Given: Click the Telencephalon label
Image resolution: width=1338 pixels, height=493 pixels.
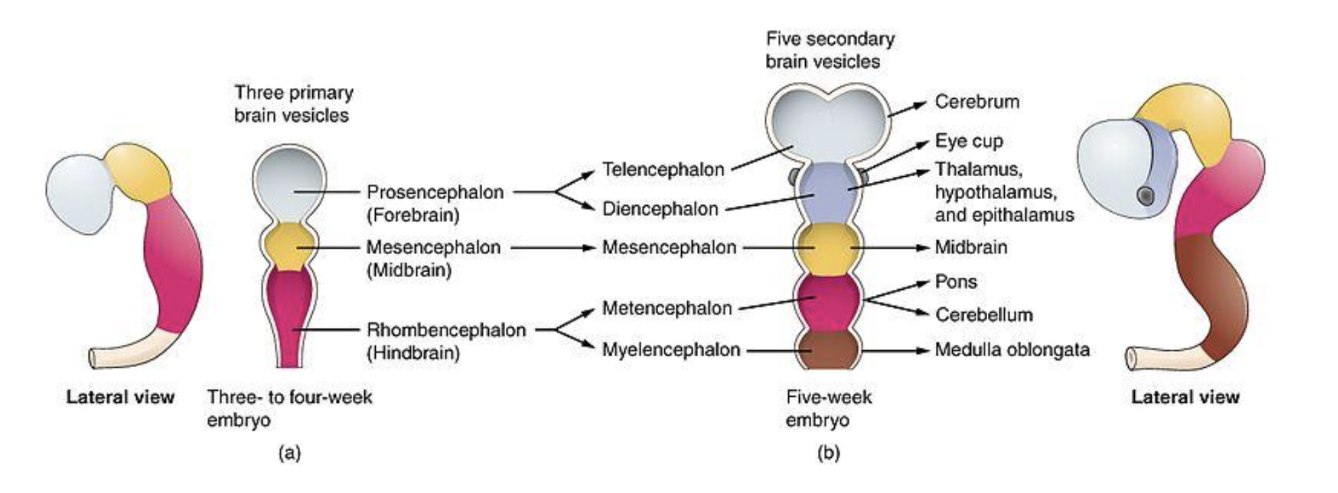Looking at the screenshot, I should coord(663,169).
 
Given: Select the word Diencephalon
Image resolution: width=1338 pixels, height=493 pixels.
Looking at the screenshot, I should coord(660,209).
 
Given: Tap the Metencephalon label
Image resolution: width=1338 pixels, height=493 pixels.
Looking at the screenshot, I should coord(667,309).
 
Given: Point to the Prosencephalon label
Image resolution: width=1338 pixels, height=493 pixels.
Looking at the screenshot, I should coord(435,192).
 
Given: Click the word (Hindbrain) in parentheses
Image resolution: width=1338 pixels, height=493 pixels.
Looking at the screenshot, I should coord(413,353).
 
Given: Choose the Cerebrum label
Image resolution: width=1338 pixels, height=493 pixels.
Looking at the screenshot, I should coord(976,102).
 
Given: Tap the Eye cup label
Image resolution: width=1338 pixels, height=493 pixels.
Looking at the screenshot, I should coord(968,142).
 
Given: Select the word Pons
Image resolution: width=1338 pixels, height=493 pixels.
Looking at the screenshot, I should coord(955,282).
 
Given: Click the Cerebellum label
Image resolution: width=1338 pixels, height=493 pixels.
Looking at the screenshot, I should coord(983,315).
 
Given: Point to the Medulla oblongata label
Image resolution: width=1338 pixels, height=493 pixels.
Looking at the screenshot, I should coord(1012,350).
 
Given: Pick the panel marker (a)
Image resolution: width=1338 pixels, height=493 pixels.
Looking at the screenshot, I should coord(289,453).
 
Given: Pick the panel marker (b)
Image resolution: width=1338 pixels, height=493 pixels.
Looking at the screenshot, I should coord(828,453).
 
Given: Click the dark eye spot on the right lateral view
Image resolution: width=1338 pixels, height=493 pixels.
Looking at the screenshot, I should coord(1145,196).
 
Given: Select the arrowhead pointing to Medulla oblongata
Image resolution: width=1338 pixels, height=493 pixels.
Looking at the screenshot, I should coord(922,351).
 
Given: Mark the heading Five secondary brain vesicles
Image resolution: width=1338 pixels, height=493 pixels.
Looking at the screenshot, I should coord(829,50).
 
